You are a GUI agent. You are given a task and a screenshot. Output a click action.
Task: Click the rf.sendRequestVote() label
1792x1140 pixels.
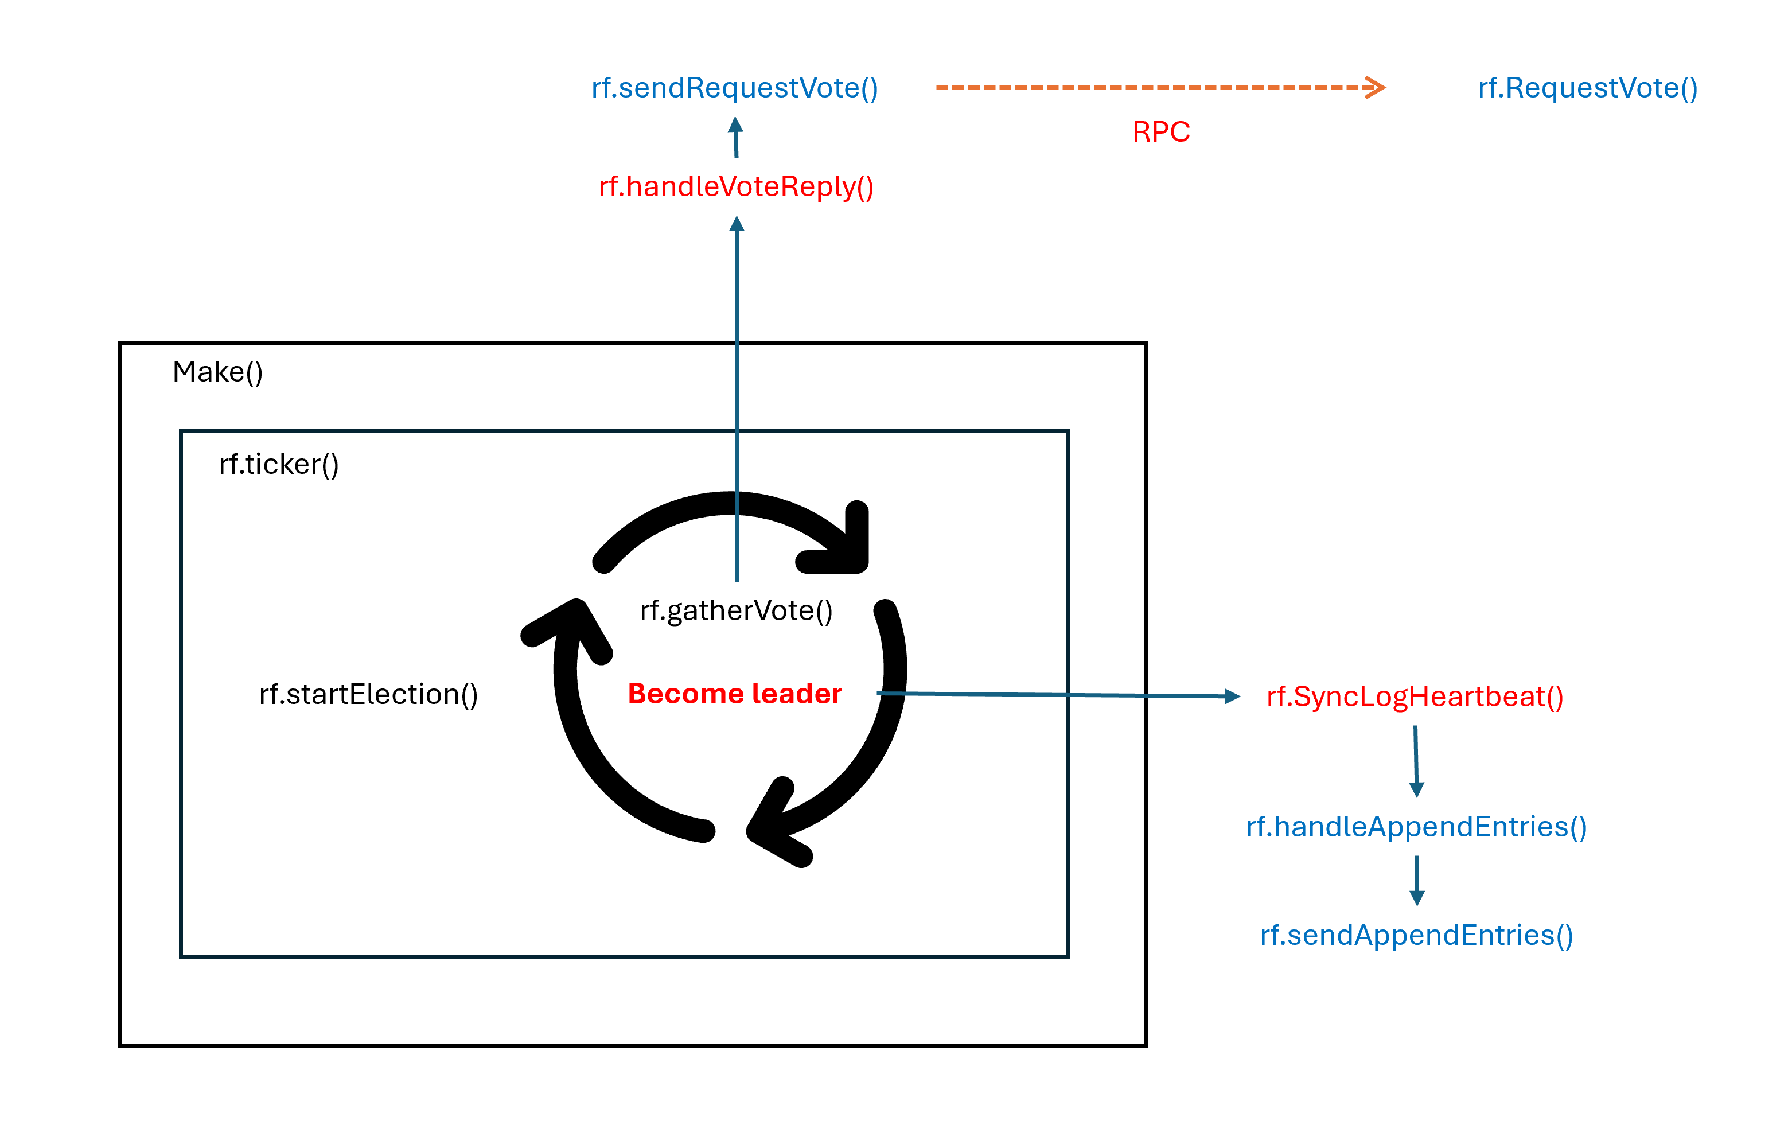tap(734, 88)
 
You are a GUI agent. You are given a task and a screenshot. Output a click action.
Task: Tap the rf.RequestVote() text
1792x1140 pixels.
tap(1587, 88)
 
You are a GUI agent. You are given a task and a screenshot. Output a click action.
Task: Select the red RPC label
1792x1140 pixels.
tap(1161, 132)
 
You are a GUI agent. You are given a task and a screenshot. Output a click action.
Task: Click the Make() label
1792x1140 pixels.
tap(217, 371)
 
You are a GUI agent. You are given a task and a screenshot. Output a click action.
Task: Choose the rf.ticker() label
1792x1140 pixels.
tap(278, 464)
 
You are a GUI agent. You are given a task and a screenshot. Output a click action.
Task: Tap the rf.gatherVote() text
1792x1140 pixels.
tap(736, 610)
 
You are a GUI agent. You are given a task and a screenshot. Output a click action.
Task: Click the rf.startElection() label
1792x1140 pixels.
tap(368, 694)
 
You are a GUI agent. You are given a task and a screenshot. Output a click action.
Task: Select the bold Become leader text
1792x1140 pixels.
tap(734, 693)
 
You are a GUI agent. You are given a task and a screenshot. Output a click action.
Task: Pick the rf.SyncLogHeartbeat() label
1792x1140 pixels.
tap(1415, 697)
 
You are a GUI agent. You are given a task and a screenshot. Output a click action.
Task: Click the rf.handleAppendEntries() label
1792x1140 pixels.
tap(1416, 827)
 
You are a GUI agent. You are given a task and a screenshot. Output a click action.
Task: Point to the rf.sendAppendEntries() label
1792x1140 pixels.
tap(1416, 935)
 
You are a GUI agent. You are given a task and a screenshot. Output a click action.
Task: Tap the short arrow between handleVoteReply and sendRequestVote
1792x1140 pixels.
tap(736, 138)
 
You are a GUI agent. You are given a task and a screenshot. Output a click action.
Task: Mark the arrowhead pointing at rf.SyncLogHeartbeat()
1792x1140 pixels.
tap(1232, 697)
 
